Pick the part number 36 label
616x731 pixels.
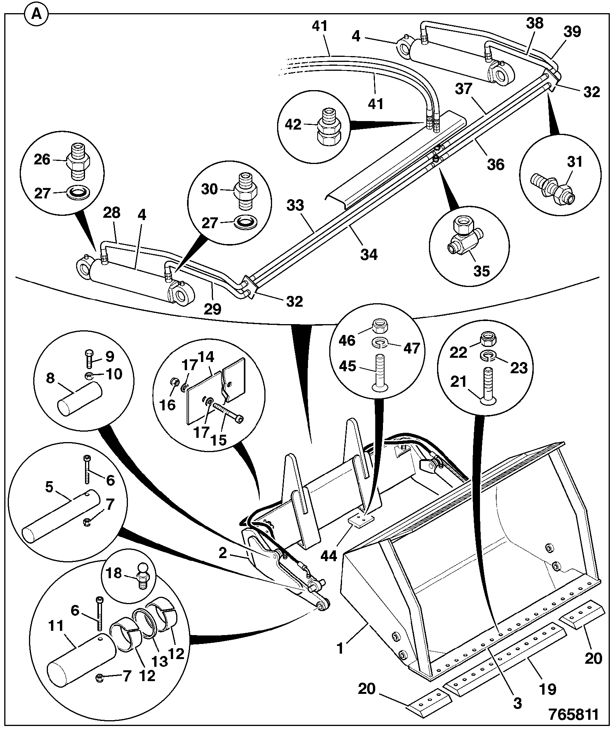(x=495, y=164)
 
